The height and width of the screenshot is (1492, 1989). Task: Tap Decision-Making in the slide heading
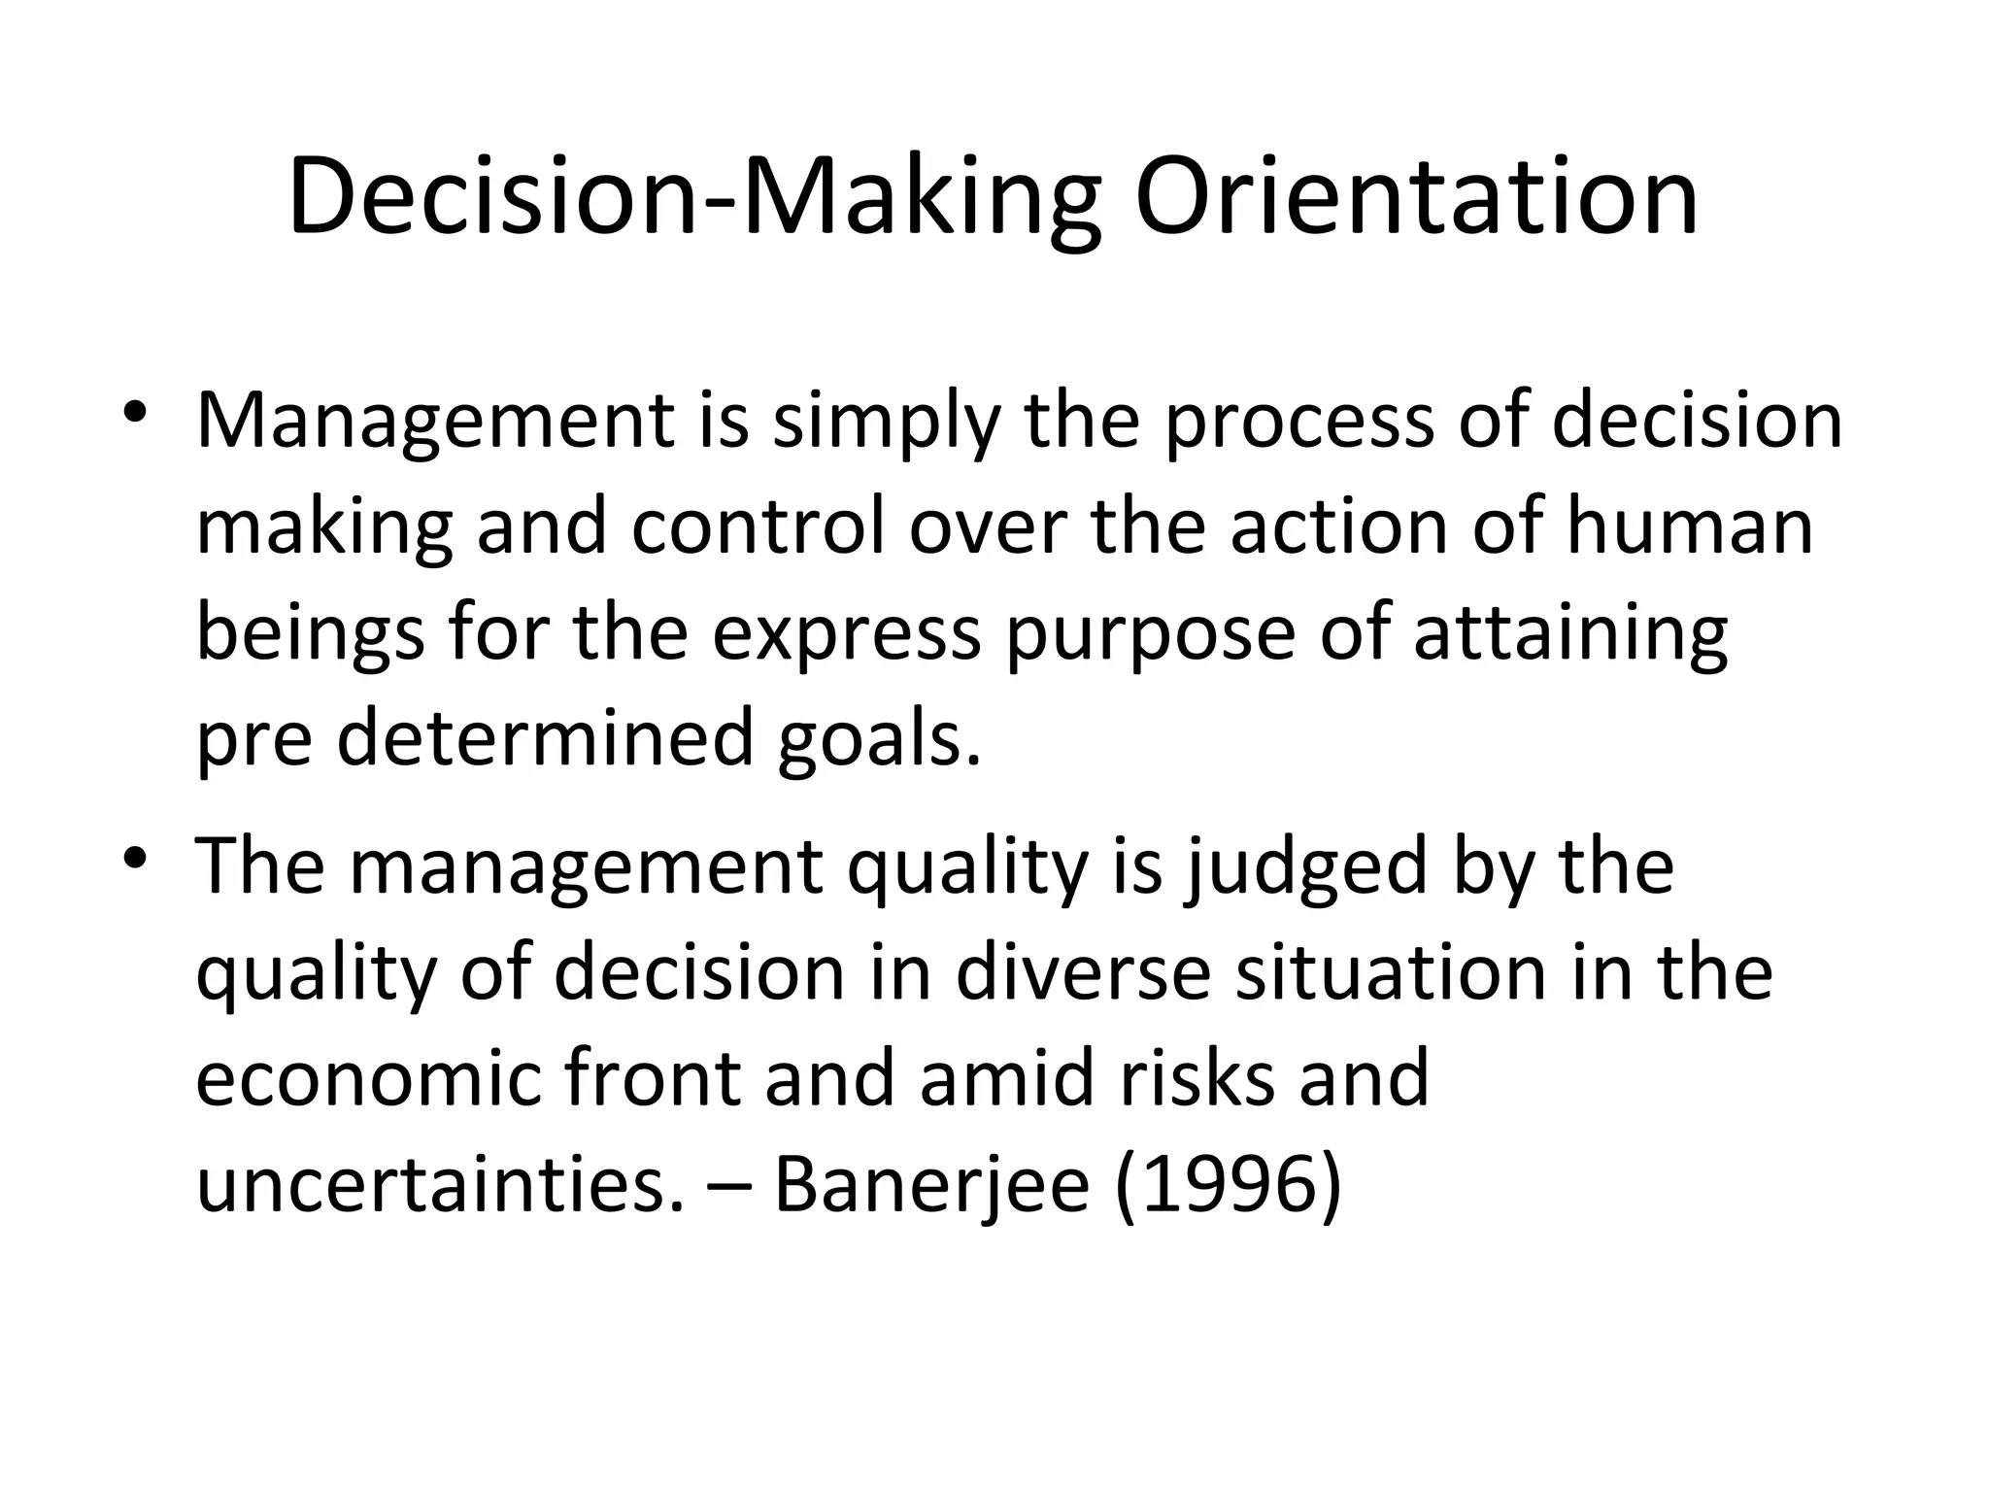[x=693, y=198]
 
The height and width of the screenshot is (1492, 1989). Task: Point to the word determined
[x=545, y=739]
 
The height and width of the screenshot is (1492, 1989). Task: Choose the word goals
[x=880, y=739]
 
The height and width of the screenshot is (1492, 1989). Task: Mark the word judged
[x=1306, y=867]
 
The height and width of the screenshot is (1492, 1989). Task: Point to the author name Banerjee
[x=931, y=1185]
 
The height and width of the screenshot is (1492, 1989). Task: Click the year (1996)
[x=1228, y=1185]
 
